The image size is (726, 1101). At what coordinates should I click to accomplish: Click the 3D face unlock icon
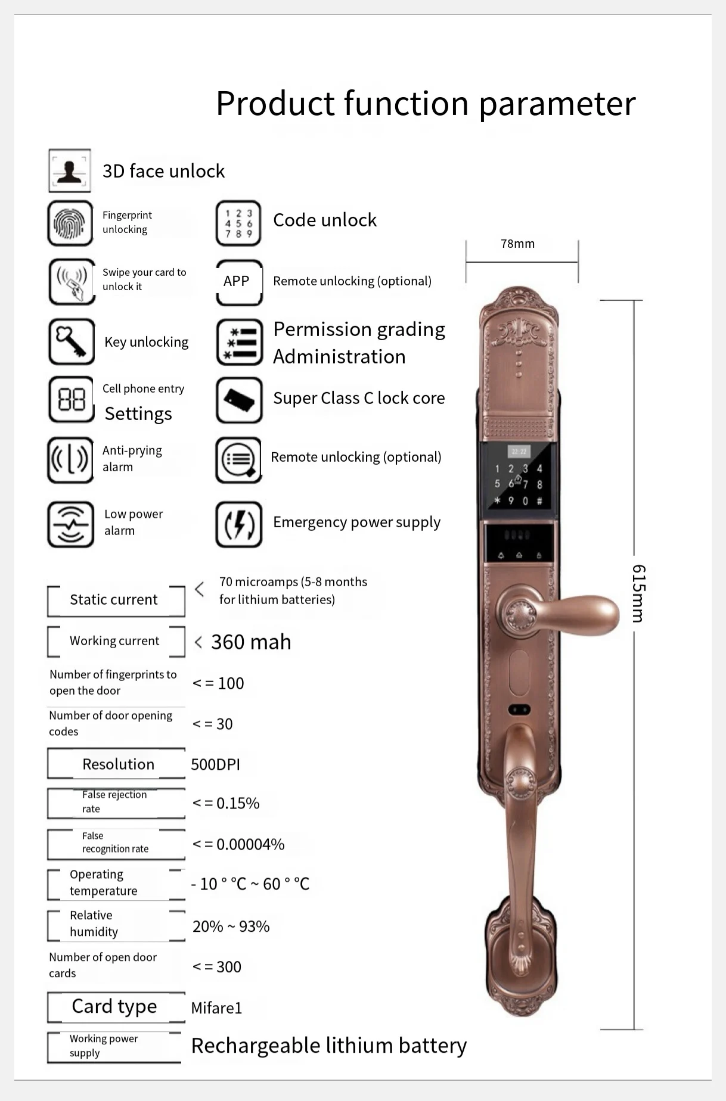pyautogui.click(x=70, y=171)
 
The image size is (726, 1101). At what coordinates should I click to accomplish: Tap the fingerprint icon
pyautogui.click(x=70, y=223)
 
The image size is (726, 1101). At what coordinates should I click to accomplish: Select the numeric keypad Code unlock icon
pyautogui.click(x=238, y=223)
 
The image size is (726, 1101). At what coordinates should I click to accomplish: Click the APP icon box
pyautogui.click(x=238, y=282)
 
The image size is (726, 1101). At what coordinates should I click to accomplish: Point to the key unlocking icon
pyautogui.click(x=71, y=342)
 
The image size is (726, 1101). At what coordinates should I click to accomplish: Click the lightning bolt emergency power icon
pyautogui.click(x=238, y=524)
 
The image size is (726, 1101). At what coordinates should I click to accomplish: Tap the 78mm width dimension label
pyautogui.click(x=517, y=244)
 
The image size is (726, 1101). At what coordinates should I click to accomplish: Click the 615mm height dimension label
pyautogui.click(x=638, y=593)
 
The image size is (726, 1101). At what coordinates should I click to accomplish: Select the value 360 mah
pyautogui.click(x=251, y=642)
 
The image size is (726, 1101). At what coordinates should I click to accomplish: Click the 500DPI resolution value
pyautogui.click(x=215, y=765)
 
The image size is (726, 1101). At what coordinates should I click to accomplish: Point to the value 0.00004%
pyautogui.click(x=250, y=845)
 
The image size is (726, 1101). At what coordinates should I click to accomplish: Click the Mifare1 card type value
pyautogui.click(x=216, y=1008)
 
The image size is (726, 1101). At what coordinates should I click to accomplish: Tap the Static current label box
pyautogui.click(x=114, y=600)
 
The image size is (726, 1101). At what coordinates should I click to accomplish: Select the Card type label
pyautogui.click(x=114, y=1006)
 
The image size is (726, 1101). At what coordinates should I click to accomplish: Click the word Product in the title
pyautogui.click(x=276, y=104)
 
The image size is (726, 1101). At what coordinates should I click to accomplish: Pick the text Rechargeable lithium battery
pyautogui.click(x=328, y=1046)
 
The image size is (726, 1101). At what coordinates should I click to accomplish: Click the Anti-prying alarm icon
pyautogui.click(x=70, y=460)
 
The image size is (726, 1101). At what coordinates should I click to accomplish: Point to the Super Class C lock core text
pyautogui.click(x=359, y=398)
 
